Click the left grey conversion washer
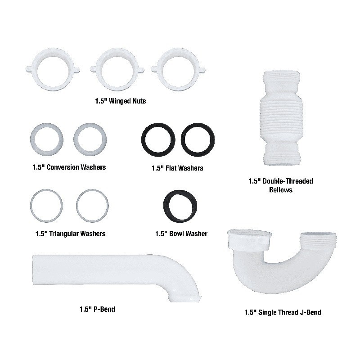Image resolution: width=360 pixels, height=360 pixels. (33, 139)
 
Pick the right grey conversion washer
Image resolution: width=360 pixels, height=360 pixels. (76, 139)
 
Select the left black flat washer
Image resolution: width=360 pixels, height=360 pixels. (144, 140)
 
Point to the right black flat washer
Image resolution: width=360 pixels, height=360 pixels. (184, 140)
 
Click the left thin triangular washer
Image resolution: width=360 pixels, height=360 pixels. (31, 206)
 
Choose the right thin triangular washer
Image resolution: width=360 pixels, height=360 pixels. (77, 206)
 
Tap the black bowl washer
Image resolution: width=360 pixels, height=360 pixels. (166, 206)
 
